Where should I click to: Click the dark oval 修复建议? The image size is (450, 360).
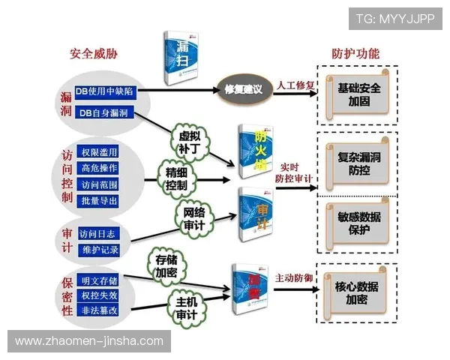[x=243, y=89]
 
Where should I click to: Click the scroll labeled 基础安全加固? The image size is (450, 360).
[x=359, y=94]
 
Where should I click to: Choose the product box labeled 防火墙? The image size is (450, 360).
[x=256, y=152]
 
